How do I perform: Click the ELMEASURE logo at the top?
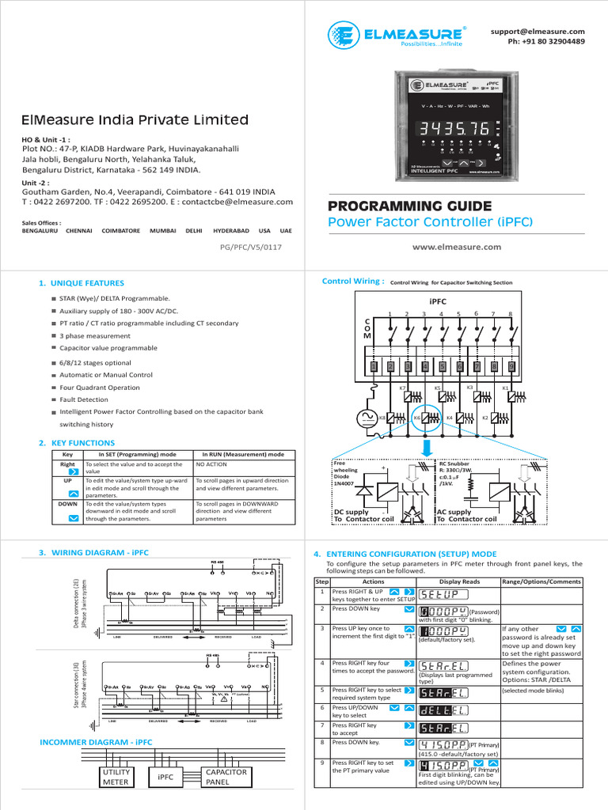coord(397,36)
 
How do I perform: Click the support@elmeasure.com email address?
coord(538,31)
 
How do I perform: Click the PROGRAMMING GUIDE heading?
coord(409,206)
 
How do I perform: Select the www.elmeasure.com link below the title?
coord(457,247)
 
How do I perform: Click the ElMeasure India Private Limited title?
coord(135,120)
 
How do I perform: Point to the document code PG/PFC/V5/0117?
coord(250,248)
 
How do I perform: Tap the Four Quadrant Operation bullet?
coord(100,388)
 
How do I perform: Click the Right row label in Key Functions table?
coord(67,465)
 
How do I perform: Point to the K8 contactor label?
coord(382,417)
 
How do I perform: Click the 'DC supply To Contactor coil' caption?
coord(363,516)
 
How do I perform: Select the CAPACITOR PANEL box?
coord(226,777)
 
